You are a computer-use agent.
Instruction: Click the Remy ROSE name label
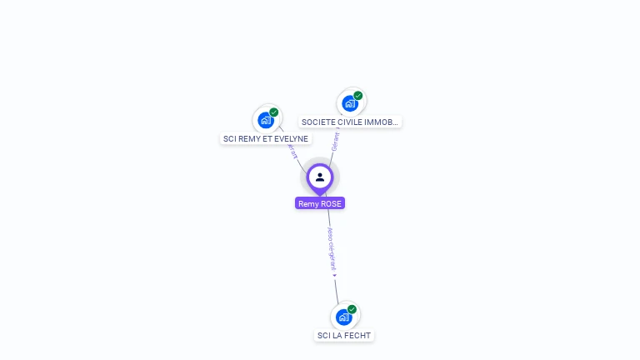[320, 203]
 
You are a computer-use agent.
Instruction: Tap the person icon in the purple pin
[320, 177]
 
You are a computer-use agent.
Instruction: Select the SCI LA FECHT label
[345, 336]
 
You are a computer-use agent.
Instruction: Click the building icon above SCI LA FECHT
[343, 317]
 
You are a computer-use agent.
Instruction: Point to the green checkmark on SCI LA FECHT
[352, 309]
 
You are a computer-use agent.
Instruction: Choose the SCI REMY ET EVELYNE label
[266, 139]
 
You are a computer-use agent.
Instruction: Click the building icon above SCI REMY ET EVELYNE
[266, 120]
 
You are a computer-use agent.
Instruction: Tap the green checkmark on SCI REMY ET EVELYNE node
[274, 112]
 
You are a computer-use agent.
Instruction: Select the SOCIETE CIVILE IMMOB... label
[351, 122]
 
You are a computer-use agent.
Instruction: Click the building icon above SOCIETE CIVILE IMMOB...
[349, 102]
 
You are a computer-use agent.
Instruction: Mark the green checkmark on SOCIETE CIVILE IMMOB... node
[358, 95]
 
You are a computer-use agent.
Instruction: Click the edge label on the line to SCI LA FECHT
[331, 249]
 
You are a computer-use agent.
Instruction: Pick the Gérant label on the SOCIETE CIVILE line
[335, 141]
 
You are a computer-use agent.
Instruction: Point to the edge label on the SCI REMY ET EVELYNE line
[292, 151]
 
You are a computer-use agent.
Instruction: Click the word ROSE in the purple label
[332, 203]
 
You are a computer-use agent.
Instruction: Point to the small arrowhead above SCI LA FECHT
[335, 276]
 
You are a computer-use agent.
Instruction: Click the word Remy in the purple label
[308, 203]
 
